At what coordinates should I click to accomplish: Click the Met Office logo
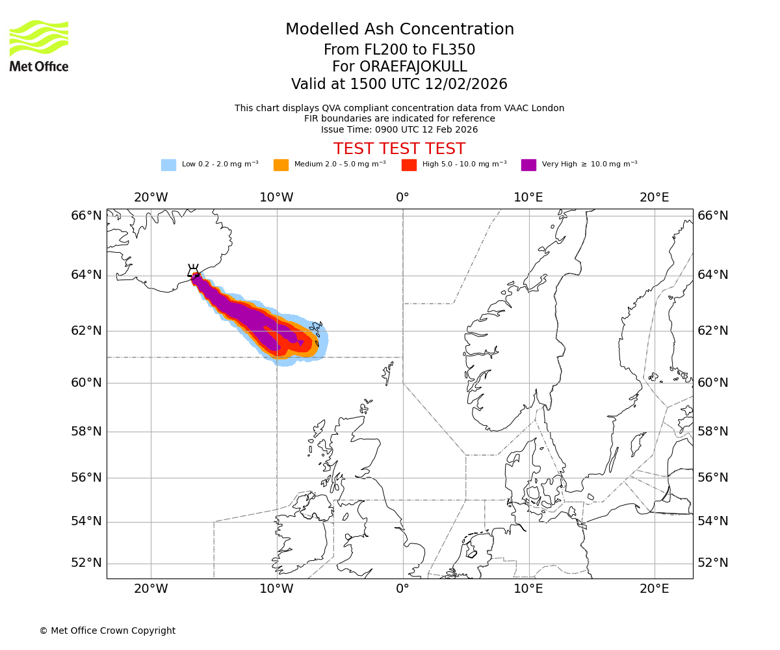coord(39,45)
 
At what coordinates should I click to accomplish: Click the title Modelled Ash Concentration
coord(399,30)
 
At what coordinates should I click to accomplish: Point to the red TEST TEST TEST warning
coord(399,149)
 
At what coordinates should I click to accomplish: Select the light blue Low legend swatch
coord(168,165)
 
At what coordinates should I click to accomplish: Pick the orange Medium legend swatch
coord(281,165)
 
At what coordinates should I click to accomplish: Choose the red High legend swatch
coord(409,165)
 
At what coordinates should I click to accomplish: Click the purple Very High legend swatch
coord(528,165)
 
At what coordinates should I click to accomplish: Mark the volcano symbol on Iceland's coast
coord(193,271)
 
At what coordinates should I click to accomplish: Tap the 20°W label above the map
coord(151,197)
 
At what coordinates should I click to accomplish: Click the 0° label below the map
coord(402,589)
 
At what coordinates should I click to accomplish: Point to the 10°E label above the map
coord(528,197)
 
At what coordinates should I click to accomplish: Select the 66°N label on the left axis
coord(86,215)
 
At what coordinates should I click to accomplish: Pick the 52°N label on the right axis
coord(713,562)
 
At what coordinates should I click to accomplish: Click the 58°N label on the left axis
coord(86,431)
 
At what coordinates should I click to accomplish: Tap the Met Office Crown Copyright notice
coord(107,630)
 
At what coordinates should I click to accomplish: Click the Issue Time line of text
coord(399,129)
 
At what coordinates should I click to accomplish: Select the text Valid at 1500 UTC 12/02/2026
coord(399,84)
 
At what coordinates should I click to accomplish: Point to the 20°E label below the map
coord(654,589)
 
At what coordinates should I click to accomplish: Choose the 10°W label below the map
coord(276,589)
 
